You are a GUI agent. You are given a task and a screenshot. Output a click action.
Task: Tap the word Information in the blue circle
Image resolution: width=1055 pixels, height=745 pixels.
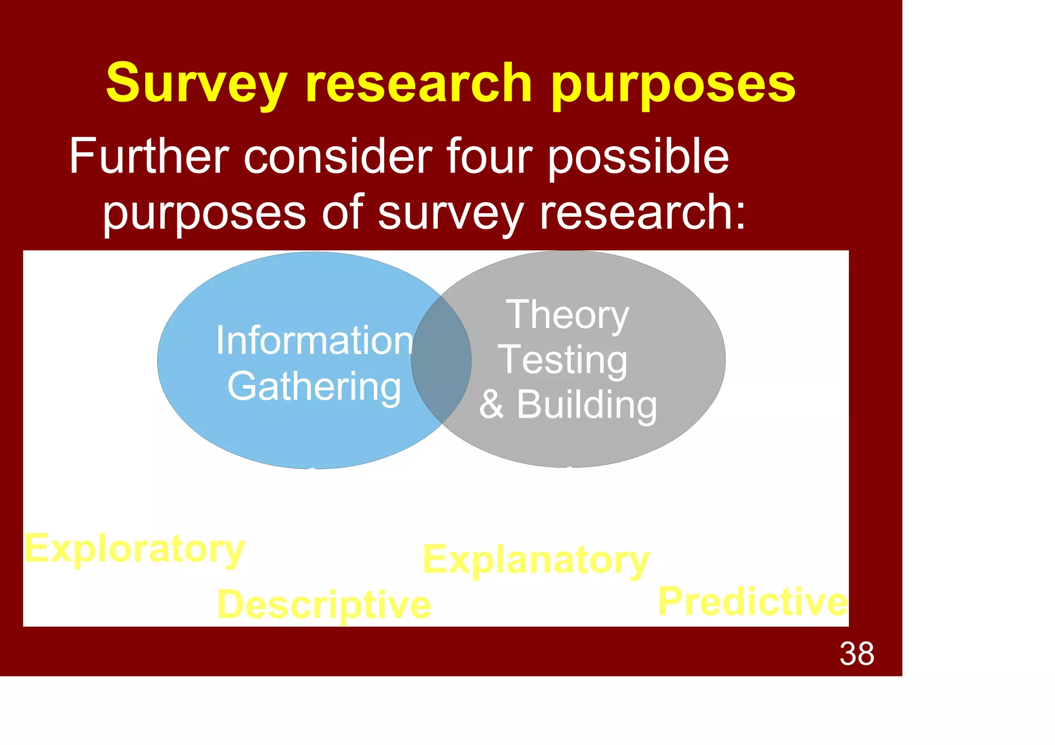pyautogui.click(x=314, y=340)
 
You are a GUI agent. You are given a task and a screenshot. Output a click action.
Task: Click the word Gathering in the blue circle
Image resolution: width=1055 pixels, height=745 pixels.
pyautogui.click(x=314, y=387)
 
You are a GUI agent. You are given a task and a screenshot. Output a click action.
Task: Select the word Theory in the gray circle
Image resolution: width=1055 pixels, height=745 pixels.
pyautogui.click(x=568, y=315)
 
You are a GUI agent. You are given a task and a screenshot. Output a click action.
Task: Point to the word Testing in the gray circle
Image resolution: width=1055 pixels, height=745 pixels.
pyautogui.click(x=563, y=360)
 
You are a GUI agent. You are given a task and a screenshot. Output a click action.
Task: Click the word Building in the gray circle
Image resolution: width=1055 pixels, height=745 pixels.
pyautogui.click(x=587, y=405)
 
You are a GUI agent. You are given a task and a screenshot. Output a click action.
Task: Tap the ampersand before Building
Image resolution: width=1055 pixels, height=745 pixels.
pyautogui.click(x=491, y=405)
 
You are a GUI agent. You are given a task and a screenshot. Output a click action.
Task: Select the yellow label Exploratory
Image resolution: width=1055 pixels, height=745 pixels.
pyautogui.click(x=134, y=549)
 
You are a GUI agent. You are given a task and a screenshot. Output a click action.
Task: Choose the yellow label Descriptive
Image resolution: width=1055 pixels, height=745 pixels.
pyautogui.click(x=324, y=604)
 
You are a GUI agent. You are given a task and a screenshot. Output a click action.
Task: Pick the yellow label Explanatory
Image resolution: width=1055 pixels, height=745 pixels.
pyautogui.click(x=536, y=560)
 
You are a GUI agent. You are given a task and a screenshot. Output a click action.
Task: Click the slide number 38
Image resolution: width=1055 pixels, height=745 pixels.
pyautogui.click(x=857, y=654)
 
